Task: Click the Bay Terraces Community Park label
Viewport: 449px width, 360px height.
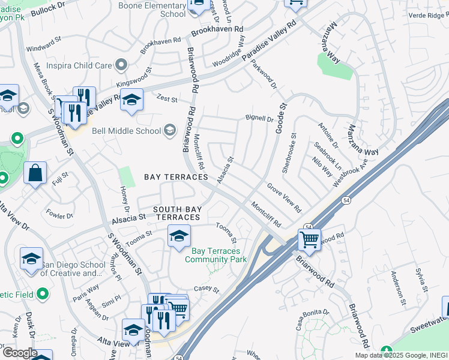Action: pyautogui.click(x=216, y=255)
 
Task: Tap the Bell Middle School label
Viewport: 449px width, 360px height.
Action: pyautogui.click(x=126, y=131)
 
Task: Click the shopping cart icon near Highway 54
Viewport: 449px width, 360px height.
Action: pyautogui.click(x=309, y=240)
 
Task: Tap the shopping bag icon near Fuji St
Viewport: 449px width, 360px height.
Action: pyautogui.click(x=35, y=174)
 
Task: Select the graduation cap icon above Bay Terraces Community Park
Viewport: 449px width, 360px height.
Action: pyautogui.click(x=179, y=236)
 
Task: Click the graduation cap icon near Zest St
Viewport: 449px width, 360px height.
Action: pyautogui.click(x=131, y=101)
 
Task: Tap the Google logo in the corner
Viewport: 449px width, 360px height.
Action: pyautogui.click(x=20, y=353)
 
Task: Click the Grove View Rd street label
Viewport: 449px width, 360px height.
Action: pyautogui.click(x=284, y=197)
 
